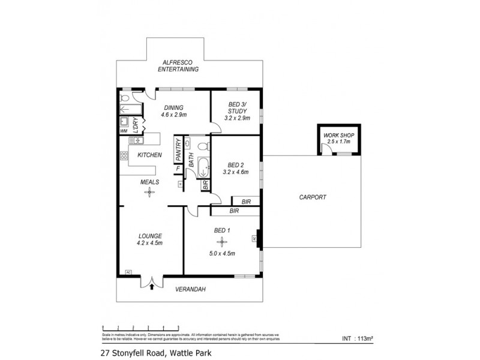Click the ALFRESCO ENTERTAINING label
pos(178,66)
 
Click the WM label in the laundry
pos(124,130)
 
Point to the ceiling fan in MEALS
pos(147,192)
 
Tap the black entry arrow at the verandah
pos(151,287)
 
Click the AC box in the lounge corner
pos(128,272)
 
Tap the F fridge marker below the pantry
pos(178,169)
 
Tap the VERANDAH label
pos(190,289)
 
